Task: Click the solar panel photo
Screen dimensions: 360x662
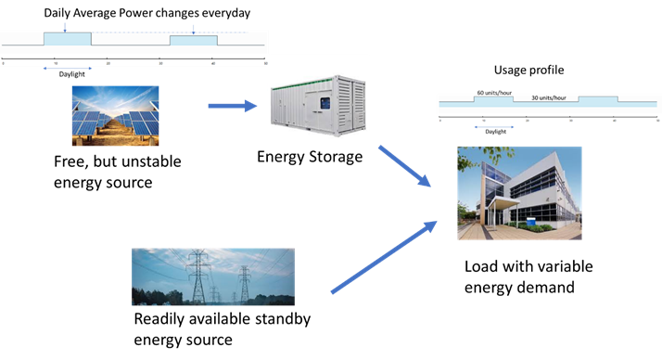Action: [x=116, y=115]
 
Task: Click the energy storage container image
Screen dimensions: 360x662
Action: [x=317, y=105]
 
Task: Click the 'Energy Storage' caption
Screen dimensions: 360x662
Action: [x=310, y=157]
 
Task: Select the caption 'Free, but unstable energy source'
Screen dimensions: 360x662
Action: [x=117, y=173]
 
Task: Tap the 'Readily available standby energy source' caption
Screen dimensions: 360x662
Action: [x=223, y=328]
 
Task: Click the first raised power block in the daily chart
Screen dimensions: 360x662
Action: [x=67, y=40]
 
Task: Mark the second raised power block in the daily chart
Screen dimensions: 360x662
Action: [x=193, y=42]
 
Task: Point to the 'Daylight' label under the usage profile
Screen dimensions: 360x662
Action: [x=495, y=132]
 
